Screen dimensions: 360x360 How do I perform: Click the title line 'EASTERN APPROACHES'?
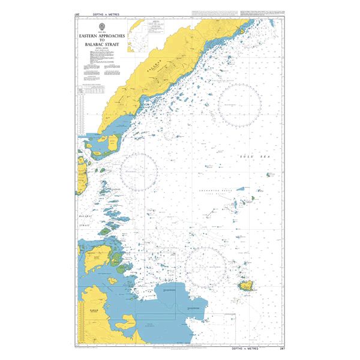click(100, 36)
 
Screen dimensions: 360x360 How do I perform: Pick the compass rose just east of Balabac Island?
click(139, 172)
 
